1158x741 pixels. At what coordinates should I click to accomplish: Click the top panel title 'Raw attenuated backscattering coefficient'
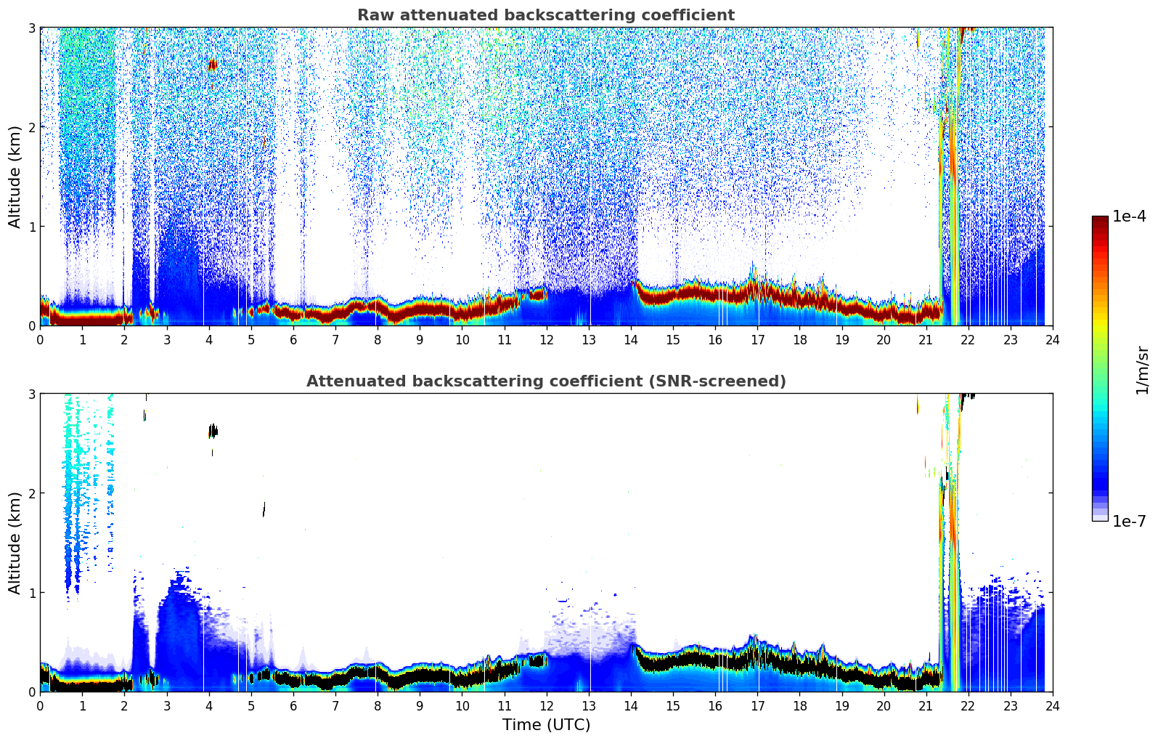[x=545, y=15]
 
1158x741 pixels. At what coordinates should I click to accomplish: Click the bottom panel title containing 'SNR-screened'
[x=545, y=381]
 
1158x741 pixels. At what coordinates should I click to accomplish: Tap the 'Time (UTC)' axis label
[x=546, y=725]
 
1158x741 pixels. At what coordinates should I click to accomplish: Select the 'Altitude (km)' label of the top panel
[x=15, y=177]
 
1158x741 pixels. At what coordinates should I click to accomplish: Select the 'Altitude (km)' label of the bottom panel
[x=15, y=543]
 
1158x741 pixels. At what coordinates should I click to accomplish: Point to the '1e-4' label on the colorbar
[x=1129, y=216]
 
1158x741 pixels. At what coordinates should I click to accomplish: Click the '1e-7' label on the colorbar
[x=1129, y=521]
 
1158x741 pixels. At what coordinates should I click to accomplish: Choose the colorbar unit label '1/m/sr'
[x=1142, y=370]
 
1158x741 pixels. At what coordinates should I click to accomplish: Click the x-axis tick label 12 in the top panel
[x=546, y=340]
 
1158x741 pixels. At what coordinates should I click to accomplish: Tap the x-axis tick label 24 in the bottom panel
[x=1052, y=706]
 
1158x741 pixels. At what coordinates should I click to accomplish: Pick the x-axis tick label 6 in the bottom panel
[x=293, y=706]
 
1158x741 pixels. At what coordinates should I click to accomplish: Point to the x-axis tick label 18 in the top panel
[x=799, y=340]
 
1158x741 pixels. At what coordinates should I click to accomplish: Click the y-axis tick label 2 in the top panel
[x=31, y=127]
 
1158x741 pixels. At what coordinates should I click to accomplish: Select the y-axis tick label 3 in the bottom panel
[x=31, y=394]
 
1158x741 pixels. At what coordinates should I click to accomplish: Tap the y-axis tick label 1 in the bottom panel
[x=31, y=593]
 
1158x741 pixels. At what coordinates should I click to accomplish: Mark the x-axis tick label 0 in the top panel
[x=40, y=340]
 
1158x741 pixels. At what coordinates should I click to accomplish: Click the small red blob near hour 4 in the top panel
[x=212, y=65]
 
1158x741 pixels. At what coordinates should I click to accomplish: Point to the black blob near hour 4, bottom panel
[x=212, y=431]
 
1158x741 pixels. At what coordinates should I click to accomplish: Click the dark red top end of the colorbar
[x=1099, y=220]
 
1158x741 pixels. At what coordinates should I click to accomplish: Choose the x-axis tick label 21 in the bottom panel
[x=926, y=706]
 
